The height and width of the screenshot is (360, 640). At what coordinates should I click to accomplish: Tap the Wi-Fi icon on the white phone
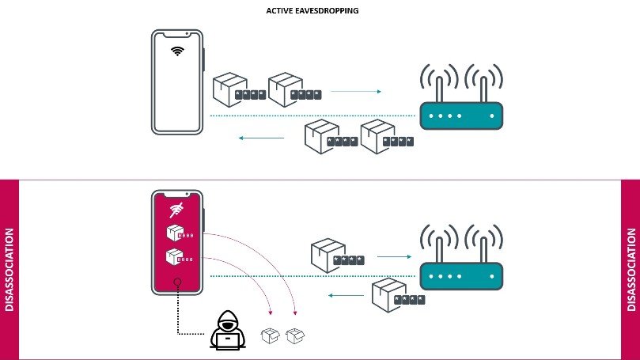[x=178, y=51]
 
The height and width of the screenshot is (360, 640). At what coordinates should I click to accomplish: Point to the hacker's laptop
[x=228, y=340]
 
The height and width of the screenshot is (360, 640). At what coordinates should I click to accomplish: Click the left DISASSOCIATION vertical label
[x=9, y=270]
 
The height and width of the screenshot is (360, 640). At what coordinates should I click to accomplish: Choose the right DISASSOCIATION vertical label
[x=631, y=270]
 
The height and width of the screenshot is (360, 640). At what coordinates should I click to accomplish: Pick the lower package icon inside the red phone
[x=174, y=257]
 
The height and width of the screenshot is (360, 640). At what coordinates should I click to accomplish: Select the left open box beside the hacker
[x=270, y=335]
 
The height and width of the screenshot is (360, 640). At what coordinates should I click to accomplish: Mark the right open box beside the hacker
[x=295, y=335]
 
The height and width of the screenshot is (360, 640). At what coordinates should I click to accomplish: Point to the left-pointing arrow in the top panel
[x=262, y=138]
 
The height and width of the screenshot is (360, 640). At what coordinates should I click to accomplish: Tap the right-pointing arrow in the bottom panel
[x=393, y=256]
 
